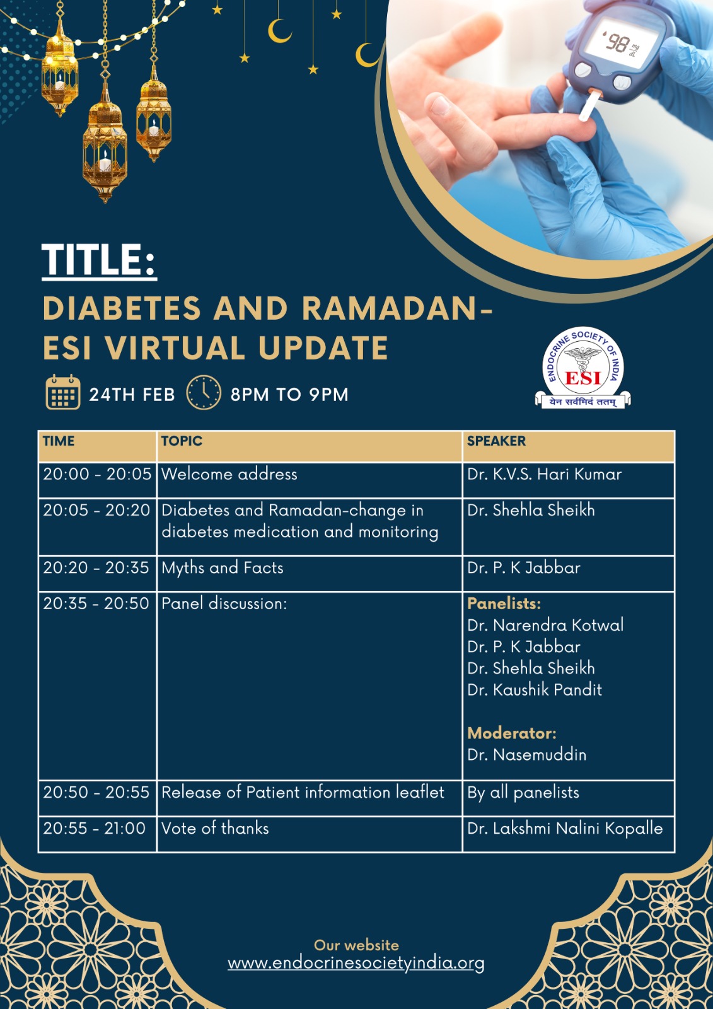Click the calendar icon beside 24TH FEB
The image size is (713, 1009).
[63, 392]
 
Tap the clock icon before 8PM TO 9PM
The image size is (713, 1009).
[204, 393]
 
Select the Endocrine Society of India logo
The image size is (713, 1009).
[583, 368]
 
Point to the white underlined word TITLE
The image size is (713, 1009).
[100, 260]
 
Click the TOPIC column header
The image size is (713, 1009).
[182, 441]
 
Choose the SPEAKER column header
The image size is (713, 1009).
[496, 441]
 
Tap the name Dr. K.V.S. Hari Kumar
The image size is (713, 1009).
[544, 474]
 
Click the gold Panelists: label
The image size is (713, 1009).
[504, 603]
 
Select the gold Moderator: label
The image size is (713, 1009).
[512, 733]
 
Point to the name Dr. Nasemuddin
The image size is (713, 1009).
[526, 754]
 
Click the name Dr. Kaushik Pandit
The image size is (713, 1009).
[535, 690]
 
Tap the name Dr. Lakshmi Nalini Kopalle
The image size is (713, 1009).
[565, 829]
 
